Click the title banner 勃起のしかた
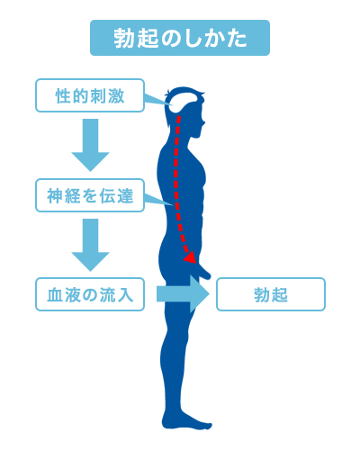(180, 38)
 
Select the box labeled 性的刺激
(90, 95)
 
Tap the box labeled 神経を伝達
(90, 195)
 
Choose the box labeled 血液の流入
(90, 294)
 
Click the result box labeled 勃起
(271, 294)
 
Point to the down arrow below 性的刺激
(90, 145)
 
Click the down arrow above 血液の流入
(90, 245)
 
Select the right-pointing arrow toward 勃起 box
(183, 294)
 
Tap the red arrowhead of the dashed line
(190, 257)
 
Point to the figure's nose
(203, 122)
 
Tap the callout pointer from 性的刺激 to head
(158, 100)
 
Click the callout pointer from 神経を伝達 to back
(158, 200)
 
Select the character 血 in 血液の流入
(55, 294)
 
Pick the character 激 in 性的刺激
(116, 96)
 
